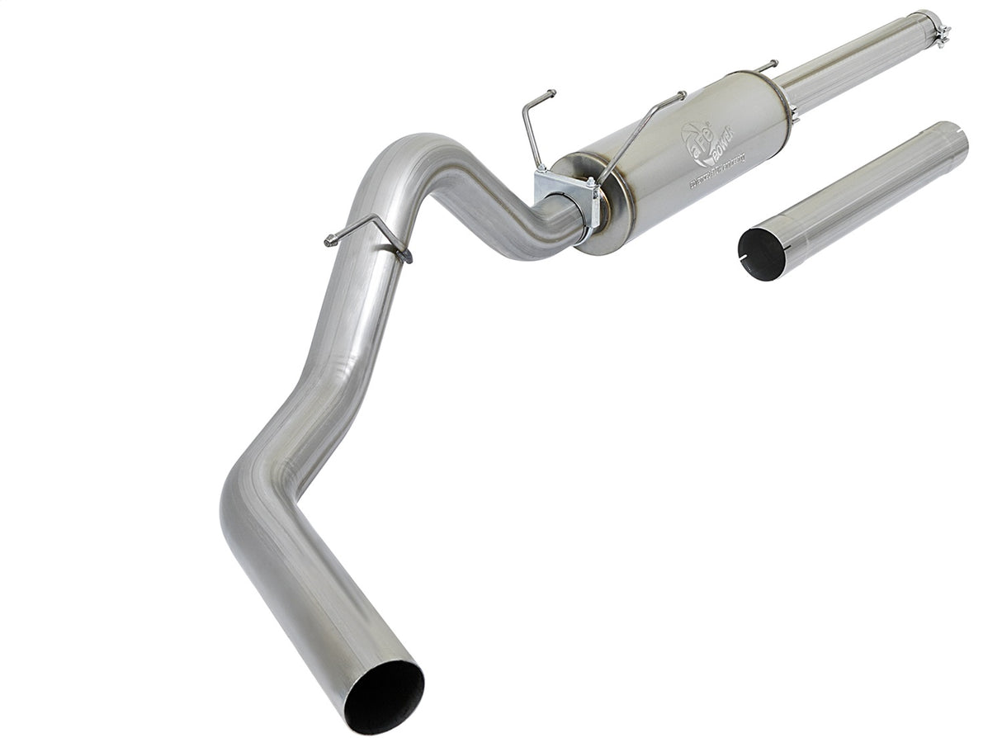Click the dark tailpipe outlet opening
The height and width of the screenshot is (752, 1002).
click(385, 697)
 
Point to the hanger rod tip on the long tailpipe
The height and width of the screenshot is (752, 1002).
click(331, 240)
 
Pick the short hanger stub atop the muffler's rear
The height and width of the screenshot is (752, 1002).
click(766, 65)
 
